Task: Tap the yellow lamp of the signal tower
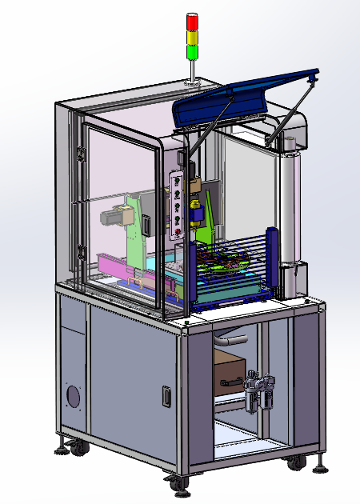coord(192,37)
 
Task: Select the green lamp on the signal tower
coord(192,52)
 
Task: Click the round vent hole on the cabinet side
coord(74,397)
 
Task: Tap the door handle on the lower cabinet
coord(167,396)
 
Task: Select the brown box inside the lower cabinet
coord(229,369)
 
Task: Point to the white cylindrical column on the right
coord(289,208)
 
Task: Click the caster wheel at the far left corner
coord(79,449)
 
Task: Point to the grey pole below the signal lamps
coord(192,70)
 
